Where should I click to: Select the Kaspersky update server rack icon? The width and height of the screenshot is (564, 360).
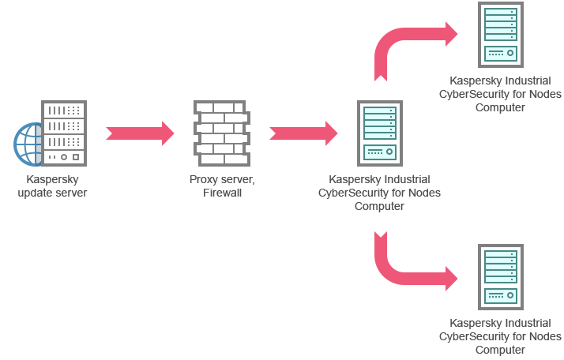63,132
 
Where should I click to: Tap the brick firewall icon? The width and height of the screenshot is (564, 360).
221,132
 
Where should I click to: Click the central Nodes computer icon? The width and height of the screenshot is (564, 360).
379,132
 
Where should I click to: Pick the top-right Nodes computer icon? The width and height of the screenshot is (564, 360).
500,35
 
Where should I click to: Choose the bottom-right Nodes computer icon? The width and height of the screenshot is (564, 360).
500,277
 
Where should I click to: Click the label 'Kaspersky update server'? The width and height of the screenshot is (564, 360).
52,186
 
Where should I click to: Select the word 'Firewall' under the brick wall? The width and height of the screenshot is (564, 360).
222,192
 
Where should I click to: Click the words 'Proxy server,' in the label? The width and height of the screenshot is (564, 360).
222,180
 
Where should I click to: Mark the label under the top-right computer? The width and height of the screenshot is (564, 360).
500,94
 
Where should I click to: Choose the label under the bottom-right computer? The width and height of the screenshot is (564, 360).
500,336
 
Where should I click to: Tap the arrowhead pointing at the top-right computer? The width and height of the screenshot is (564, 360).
450,33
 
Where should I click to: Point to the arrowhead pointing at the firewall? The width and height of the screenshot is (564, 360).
167,133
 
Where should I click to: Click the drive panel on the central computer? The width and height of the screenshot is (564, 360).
379,151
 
